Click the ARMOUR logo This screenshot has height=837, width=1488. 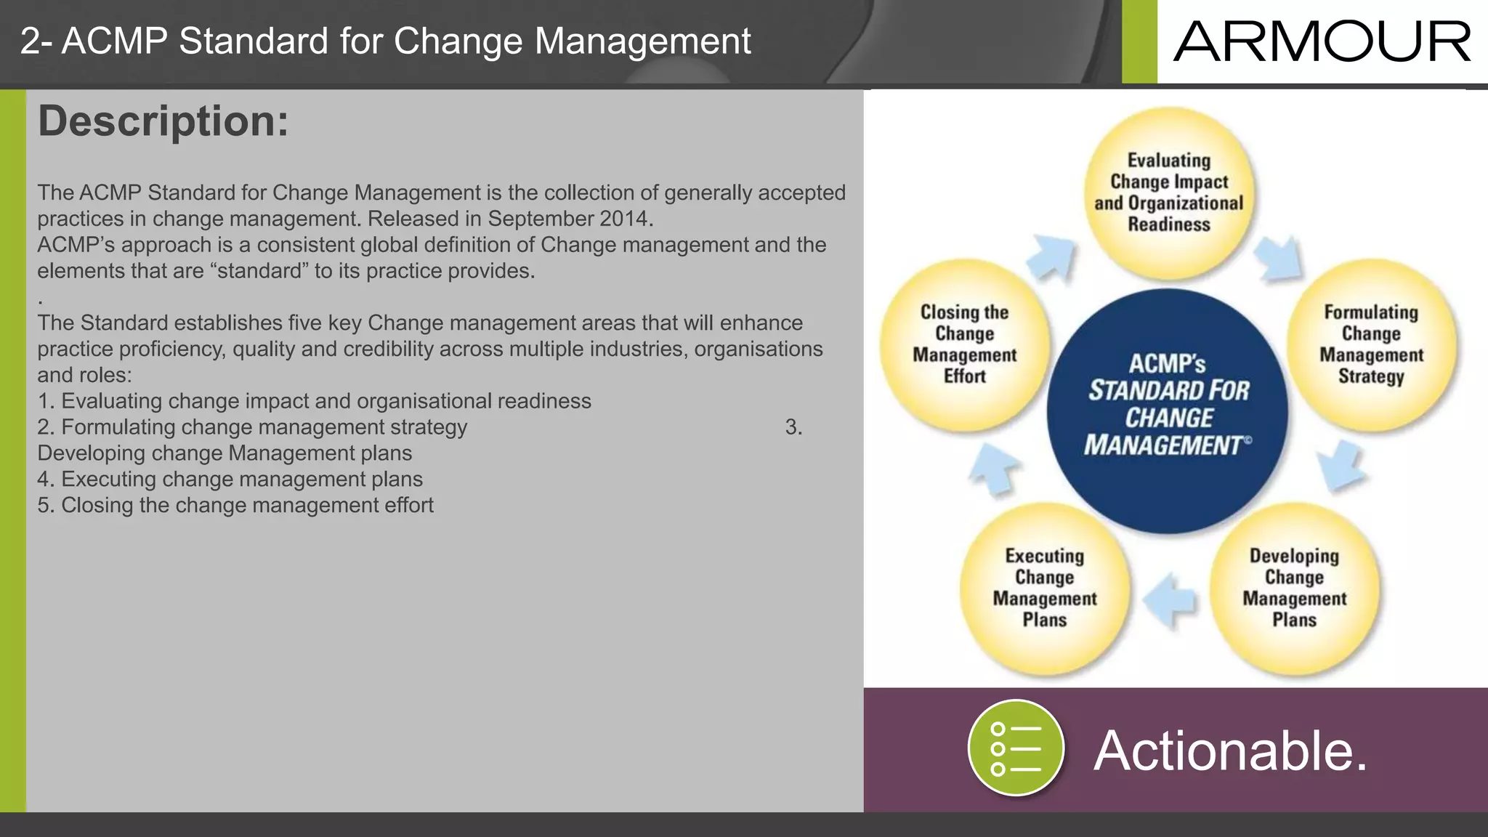(x=1322, y=42)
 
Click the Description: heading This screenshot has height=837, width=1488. (x=163, y=121)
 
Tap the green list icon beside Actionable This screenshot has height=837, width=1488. (x=1016, y=748)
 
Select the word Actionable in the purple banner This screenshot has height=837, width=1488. (x=1230, y=751)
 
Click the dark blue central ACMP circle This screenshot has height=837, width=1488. (x=1168, y=411)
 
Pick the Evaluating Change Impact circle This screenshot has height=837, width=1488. (x=1168, y=193)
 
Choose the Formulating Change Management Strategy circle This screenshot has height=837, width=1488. (x=1371, y=344)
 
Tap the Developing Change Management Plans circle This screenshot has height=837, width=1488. (x=1294, y=588)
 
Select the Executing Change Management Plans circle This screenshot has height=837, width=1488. (x=1044, y=588)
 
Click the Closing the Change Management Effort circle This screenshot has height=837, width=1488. (x=964, y=344)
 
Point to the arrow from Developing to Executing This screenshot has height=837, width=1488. (x=1170, y=599)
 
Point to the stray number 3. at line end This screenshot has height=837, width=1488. (x=793, y=427)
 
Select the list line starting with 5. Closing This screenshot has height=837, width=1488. (x=235, y=505)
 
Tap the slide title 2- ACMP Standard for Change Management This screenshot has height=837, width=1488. (x=385, y=41)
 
